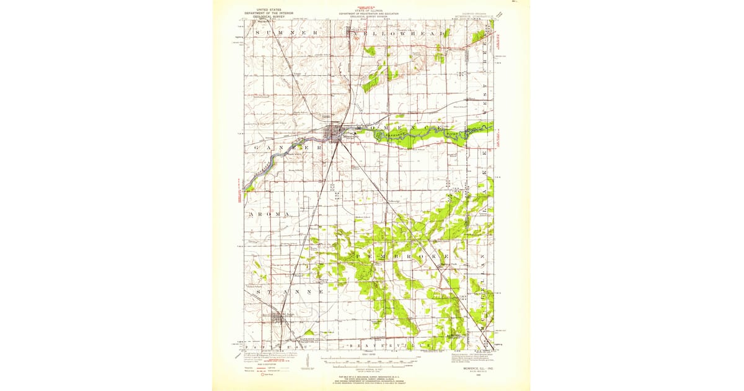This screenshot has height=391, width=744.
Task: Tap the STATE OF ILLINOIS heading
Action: point(368,10)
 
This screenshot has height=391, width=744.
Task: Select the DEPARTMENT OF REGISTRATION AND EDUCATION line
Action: point(368,13)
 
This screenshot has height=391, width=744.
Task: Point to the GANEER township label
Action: point(288,148)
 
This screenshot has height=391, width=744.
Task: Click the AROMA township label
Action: point(270,214)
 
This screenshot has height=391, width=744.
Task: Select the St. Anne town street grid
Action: point(277,317)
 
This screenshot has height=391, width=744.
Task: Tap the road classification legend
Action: point(267,369)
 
